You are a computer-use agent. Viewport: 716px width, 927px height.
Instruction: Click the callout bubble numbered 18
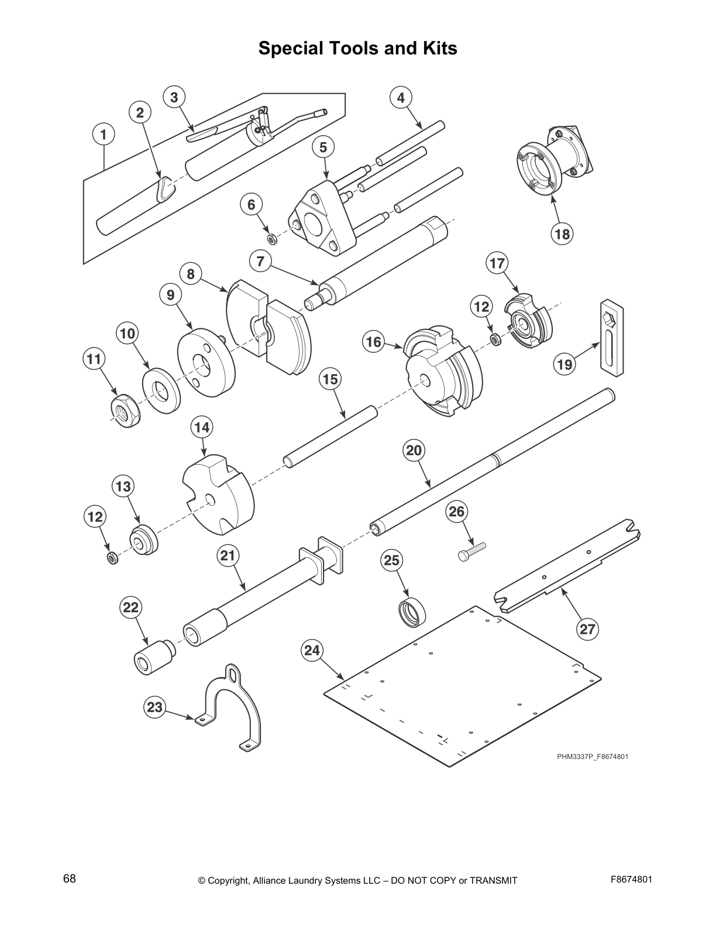(562, 234)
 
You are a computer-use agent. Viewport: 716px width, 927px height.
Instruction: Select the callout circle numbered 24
(312, 650)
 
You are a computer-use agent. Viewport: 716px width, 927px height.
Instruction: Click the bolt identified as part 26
(471, 551)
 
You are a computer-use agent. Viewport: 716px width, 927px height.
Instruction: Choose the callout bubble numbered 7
(260, 261)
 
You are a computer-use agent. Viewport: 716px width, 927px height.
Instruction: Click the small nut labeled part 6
(271, 239)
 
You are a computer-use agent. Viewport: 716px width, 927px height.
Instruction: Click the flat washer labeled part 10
(161, 390)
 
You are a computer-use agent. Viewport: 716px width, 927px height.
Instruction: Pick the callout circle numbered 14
(202, 427)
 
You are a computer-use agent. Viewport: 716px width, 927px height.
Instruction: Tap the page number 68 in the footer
(70, 878)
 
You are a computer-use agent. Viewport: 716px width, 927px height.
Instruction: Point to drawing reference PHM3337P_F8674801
(592, 757)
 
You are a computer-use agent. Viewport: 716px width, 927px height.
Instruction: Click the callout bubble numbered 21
(228, 555)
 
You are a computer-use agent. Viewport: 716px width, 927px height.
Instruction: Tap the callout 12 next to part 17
(481, 306)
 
